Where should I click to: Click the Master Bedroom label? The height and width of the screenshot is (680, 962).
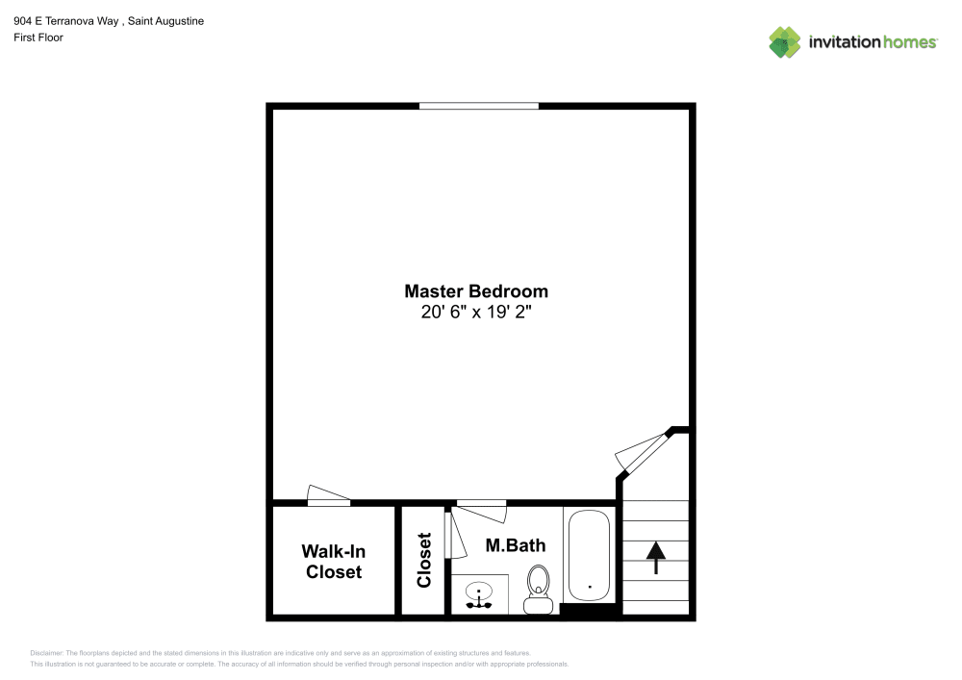pyautogui.click(x=476, y=290)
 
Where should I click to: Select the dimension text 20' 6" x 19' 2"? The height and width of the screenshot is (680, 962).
pyautogui.click(x=476, y=313)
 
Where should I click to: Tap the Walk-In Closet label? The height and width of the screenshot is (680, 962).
pyautogui.click(x=334, y=562)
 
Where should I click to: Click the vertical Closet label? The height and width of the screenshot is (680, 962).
pyautogui.click(x=424, y=560)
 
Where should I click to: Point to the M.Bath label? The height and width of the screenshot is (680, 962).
pyautogui.click(x=515, y=545)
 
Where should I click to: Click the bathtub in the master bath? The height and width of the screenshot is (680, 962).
pyautogui.click(x=588, y=556)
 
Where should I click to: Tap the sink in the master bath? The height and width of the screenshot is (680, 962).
pyautogui.click(x=480, y=595)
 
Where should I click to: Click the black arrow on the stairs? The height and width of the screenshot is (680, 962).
pyautogui.click(x=656, y=556)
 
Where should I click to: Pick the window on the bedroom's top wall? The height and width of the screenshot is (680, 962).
pyautogui.click(x=479, y=106)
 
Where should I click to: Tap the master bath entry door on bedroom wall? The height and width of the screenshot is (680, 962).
pyautogui.click(x=481, y=502)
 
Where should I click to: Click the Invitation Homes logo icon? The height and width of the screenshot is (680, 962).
pyautogui.click(x=785, y=41)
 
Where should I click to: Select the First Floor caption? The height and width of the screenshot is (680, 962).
pyautogui.click(x=38, y=38)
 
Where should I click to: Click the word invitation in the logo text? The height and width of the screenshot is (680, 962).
pyautogui.click(x=843, y=41)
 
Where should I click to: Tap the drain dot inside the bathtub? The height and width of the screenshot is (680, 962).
pyautogui.click(x=589, y=585)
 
